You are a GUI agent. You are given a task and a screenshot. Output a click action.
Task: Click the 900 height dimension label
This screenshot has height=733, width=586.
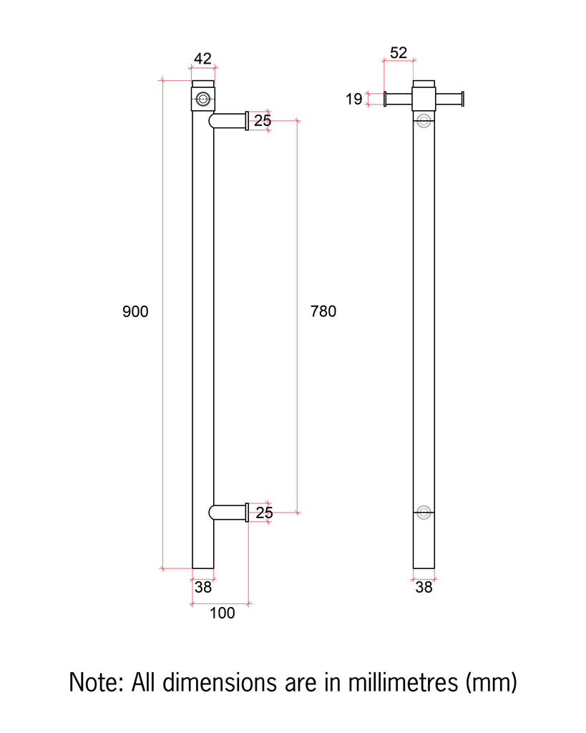click(x=135, y=312)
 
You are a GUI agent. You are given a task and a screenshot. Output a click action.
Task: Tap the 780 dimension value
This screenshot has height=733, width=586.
click(x=323, y=312)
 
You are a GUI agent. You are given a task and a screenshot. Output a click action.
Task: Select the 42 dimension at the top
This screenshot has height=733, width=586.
click(x=203, y=58)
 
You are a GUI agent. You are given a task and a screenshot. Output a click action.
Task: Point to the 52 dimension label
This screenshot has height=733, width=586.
click(x=399, y=53)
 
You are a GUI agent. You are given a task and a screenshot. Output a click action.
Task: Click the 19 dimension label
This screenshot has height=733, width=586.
click(x=355, y=99)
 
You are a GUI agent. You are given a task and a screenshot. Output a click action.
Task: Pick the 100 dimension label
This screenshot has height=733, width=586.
click(x=223, y=613)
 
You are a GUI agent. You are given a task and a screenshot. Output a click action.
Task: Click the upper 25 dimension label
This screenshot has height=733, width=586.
click(x=263, y=121)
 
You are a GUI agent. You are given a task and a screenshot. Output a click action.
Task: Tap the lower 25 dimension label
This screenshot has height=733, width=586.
click(x=264, y=513)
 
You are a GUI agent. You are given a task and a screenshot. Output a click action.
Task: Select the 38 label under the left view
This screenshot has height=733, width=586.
click(x=203, y=588)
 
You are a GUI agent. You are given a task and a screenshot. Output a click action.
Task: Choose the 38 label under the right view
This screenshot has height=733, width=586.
click(x=424, y=588)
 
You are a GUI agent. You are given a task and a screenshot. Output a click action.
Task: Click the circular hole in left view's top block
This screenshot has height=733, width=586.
click(x=203, y=99)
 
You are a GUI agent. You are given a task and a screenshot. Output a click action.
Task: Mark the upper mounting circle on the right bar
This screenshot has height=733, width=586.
click(x=424, y=120)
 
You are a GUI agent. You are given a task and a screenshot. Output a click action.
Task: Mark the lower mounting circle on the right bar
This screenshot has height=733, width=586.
click(x=424, y=512)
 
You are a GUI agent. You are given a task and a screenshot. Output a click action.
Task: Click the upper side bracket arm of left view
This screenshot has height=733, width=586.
click(x=229, y=121)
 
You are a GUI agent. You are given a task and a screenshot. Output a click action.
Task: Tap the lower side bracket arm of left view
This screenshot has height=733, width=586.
click(x=229, y=512)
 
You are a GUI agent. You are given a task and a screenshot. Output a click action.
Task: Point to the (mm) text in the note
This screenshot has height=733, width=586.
click(x=491, y=682)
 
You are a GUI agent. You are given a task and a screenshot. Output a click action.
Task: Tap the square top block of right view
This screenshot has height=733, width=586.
click(x=424, y=98)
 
